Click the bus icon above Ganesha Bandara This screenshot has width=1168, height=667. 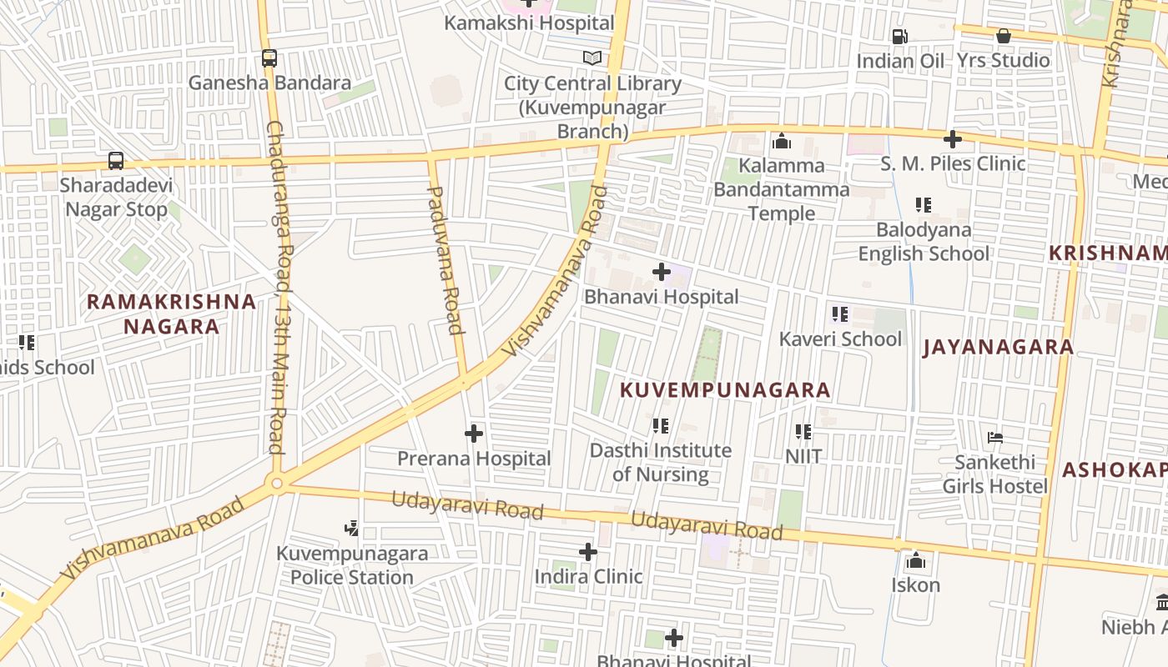pos(269,58)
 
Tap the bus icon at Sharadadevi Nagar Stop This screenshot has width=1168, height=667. pos(116,161)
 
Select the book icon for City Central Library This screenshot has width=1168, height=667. pos(592,58)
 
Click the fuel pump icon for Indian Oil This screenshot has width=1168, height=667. pos(900,37)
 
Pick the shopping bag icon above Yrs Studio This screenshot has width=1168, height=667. pos(1003,36)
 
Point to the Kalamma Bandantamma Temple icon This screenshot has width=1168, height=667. pos(782,141)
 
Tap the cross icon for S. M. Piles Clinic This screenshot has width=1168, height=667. pos(952,139)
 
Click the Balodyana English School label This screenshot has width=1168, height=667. pos(924,242)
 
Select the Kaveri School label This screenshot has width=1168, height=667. pos(840,339)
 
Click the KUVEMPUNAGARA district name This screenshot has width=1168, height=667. pos(725,390)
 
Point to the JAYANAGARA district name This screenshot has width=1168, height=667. pos(998,348)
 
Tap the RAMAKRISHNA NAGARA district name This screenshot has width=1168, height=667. pos(171,313)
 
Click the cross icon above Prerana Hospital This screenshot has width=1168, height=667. pos(474,434)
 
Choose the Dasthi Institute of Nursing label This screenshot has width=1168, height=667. pos(660,462)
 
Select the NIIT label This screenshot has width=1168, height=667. pos(803,456)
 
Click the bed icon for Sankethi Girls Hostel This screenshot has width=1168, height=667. pos(994,437)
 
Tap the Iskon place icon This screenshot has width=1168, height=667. pos(915,560)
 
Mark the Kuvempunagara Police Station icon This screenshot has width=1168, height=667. pos(352,528)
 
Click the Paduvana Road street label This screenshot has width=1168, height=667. pos(446,259)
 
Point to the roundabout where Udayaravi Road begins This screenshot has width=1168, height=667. pos(276,483)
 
